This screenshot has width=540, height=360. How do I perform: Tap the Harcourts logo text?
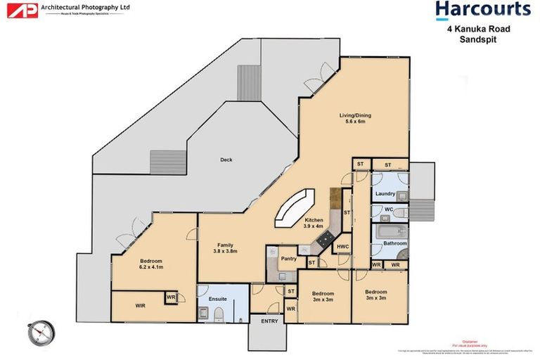482,9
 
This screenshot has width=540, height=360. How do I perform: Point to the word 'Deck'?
226,160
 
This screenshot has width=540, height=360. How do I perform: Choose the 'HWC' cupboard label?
343,247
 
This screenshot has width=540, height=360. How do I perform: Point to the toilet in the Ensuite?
218,313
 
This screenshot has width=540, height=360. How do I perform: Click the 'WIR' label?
139,306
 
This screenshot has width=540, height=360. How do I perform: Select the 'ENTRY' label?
269,321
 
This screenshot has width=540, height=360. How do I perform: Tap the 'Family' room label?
225,243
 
